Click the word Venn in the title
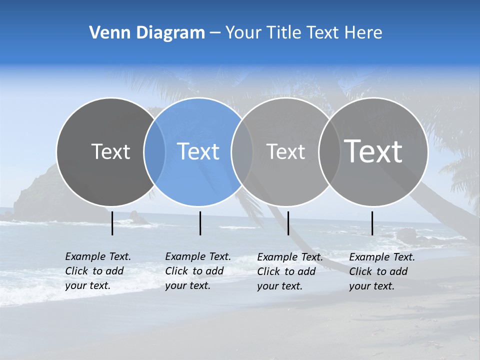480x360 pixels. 104,33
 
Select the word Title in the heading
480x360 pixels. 285,33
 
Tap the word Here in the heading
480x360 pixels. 364,33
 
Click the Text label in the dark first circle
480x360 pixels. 110,151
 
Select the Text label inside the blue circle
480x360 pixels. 198,151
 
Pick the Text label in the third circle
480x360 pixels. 286,151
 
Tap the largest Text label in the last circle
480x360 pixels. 373,151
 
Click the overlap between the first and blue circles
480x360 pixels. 154,151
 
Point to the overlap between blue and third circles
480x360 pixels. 242,151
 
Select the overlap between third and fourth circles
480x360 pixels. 329,151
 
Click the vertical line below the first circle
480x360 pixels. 112,223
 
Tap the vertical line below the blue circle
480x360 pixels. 200,223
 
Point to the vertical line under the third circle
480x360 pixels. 288,223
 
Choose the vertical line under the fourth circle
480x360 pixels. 372,223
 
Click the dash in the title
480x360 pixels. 215,33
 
